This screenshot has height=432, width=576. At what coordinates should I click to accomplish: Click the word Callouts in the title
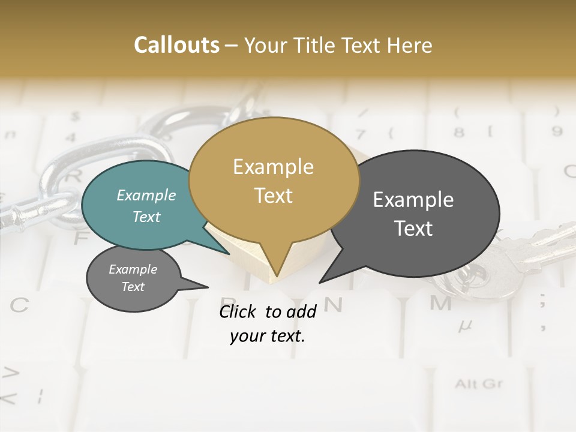click(x=176, y=45)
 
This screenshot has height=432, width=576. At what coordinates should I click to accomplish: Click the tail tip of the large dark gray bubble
click(x=320, y=281)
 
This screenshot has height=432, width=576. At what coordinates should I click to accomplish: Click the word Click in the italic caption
click(x=239, y=311)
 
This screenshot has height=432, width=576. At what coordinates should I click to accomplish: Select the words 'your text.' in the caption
click(x=268, y=336)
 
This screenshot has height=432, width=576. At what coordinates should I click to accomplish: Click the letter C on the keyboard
click(x=19, y=305)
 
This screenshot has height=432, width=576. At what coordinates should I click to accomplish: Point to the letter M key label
click(x=440, y=304)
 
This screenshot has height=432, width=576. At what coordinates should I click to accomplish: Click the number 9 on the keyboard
click(x=557, y=131)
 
